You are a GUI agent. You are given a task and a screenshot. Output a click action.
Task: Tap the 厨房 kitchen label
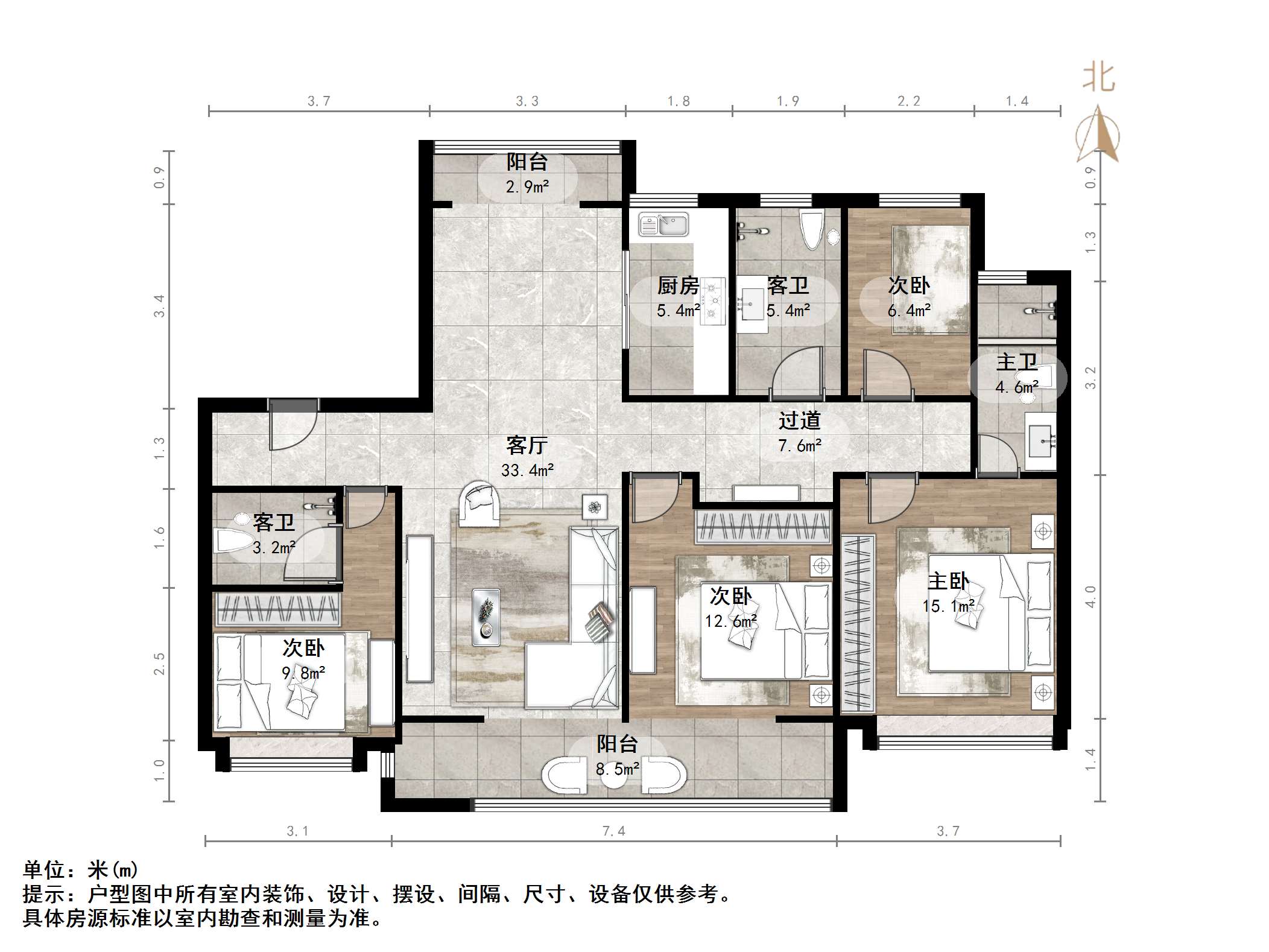pos(678,285)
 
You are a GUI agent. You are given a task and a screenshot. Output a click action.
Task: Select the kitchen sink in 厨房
pos(663,224)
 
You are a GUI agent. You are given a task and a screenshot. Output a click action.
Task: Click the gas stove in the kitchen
pos(713,300)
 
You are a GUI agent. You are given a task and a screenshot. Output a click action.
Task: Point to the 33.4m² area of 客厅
pos(527,470)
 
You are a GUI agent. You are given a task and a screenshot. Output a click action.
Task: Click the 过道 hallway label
pos(799,420)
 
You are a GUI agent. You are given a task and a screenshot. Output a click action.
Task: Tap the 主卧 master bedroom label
pos(948,581)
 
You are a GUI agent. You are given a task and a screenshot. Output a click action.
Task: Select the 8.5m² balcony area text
pos(618,769)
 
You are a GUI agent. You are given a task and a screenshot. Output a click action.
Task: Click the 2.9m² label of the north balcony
pos(527,186)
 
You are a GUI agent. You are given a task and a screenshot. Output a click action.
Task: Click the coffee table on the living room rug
pos(486,617)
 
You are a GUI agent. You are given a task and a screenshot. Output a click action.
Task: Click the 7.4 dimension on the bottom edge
pos(614,831)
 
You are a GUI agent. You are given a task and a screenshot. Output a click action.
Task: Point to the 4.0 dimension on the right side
pos(1090,597)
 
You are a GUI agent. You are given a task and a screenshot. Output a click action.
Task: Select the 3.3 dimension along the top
pos(527,101)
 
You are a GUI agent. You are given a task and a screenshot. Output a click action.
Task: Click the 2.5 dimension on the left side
pos(159,664)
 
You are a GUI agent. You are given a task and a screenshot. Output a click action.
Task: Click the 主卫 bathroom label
pos(1016,362)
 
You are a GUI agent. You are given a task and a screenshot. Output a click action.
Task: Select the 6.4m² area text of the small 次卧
pos(909,311)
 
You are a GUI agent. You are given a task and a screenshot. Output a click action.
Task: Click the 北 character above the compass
pos(1099,78)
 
